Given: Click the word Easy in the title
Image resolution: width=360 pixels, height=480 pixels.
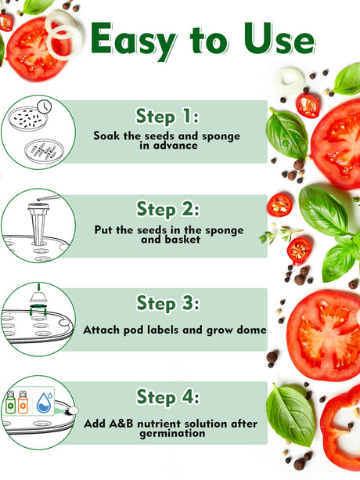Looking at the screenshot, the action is [134, 41].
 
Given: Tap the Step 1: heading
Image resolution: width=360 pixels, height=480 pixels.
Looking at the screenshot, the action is [167, 117].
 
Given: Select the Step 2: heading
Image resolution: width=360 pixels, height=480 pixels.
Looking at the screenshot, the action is [167, 210].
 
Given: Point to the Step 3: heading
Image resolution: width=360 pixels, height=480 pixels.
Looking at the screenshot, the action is [167, 303].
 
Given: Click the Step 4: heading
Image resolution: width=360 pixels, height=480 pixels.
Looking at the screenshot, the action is [167, 397].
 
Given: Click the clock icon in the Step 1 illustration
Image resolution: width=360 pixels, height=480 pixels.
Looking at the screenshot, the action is [45, 106].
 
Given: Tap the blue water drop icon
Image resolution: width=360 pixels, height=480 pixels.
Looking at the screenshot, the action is [44, 402].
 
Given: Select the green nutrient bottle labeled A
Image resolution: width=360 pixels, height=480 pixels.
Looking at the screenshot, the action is [10, 402].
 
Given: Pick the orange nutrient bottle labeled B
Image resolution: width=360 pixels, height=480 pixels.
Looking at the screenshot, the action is [23, 402].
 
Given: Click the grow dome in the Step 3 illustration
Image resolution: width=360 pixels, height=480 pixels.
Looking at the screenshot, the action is [38, 296].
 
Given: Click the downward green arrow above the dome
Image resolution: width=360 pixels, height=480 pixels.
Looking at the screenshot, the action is [38, 287].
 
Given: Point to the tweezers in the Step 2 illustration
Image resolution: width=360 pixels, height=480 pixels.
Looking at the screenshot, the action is [48, 198].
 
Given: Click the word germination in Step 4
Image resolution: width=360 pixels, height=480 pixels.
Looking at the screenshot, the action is [172, 434].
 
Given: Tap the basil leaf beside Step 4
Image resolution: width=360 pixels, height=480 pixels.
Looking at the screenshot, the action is [290, 414].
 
